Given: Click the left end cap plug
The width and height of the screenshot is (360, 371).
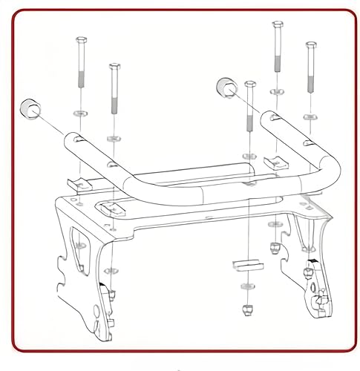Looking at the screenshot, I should click(x=30, y=108).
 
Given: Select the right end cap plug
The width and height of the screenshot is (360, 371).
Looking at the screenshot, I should click(x=226, y=88).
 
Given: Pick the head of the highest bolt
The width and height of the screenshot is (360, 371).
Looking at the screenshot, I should click(x=277, y=25).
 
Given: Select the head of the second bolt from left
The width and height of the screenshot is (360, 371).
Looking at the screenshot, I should click(x=114, y=68).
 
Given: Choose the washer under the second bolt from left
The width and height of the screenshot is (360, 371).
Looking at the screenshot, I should click(x=114, y=139).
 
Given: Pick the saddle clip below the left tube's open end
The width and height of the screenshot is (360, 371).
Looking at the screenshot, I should click(x=76, y=183).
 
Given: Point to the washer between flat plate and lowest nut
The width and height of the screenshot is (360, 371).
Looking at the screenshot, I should click(x=246, y=285).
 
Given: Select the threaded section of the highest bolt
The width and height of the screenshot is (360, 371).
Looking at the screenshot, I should click(x=277, y=63).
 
